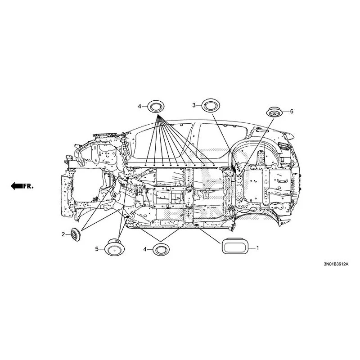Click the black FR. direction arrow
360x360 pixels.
17,186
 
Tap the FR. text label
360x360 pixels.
28,186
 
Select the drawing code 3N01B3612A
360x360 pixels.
336,264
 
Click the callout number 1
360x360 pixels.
257,248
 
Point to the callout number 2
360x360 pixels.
63,234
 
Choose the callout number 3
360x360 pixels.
194,105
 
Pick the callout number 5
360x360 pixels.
97,249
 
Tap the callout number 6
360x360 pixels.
292,112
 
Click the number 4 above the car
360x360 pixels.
139,107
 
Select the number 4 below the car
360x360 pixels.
145,249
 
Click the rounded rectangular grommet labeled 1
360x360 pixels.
235,246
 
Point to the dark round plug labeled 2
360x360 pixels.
76,234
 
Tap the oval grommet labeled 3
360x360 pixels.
211,105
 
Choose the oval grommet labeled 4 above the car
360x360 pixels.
156,107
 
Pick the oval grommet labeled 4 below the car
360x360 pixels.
161,250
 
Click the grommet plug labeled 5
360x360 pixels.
115,247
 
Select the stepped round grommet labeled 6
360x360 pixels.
274,112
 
